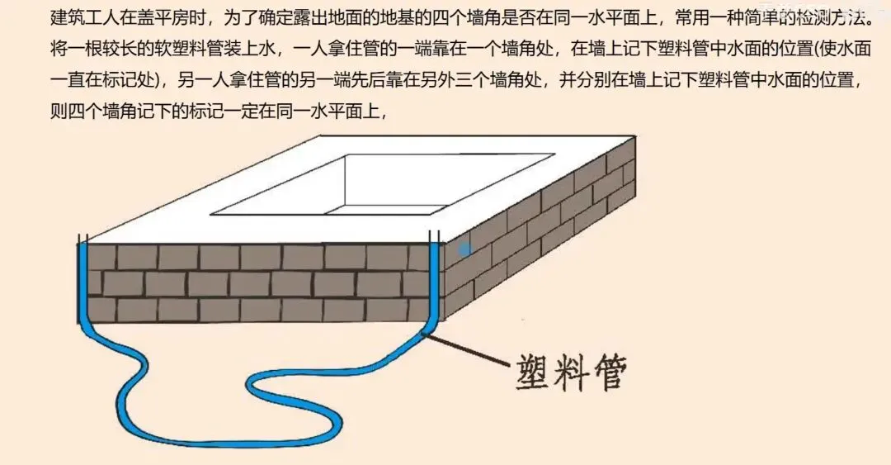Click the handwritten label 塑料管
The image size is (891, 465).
click(568, 373)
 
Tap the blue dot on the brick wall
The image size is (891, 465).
click(464, 249)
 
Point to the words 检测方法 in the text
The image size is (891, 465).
click(829, 17)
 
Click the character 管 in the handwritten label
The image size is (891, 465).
click(610, 373)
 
